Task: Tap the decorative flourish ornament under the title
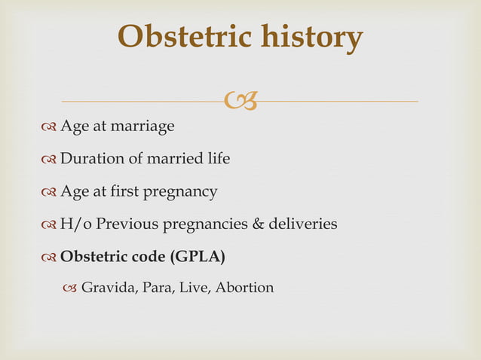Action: pyautogui.click(x=240, y=99)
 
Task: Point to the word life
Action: pyautogui.click(x=217, y=159)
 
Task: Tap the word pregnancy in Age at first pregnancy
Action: pyautogui.click(x=183, y=192)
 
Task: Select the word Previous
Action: pyautogui.click(x=127, y=224)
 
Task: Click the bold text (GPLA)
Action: pyautogui.click(x=198, y=257)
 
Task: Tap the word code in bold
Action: pyautogui.click(x=149, y=257)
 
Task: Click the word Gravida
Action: pyautogui.click(x=106, y=288)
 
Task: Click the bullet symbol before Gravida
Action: pyautogui.click(x=70, y=288)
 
